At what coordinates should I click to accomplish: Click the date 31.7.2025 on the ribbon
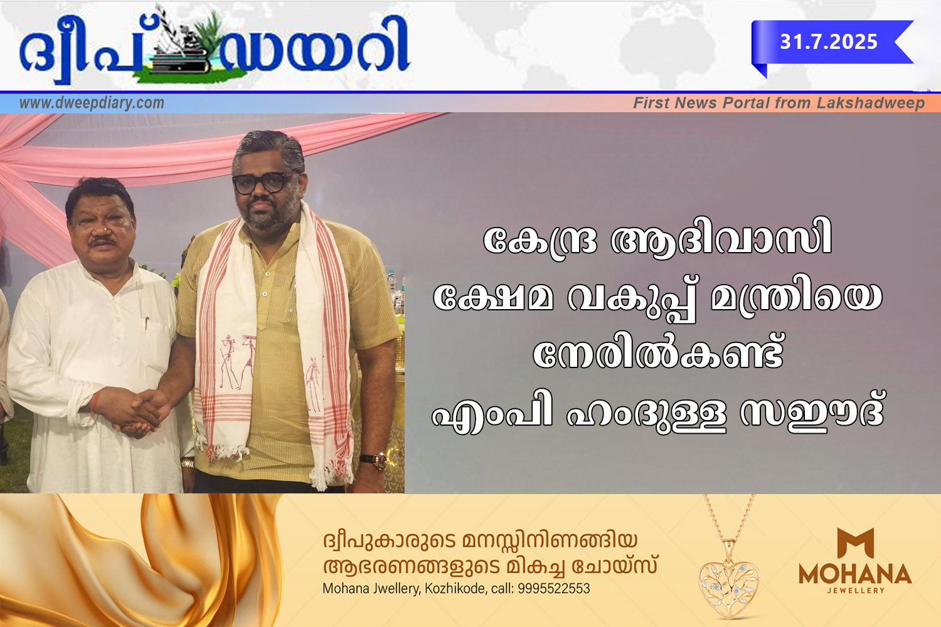coord(829,42)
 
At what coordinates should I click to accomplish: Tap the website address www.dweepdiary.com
coord(92,103)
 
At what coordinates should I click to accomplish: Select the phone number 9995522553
coord(554,589)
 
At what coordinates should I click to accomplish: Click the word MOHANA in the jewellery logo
coord(855,574)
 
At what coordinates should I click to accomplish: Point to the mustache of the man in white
coord(102,241)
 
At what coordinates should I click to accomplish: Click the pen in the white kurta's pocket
coord(147,324)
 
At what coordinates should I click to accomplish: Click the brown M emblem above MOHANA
coord(855,542)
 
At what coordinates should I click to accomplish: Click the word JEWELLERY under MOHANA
coord(856,591)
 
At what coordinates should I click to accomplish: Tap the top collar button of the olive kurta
coord(268,274)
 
